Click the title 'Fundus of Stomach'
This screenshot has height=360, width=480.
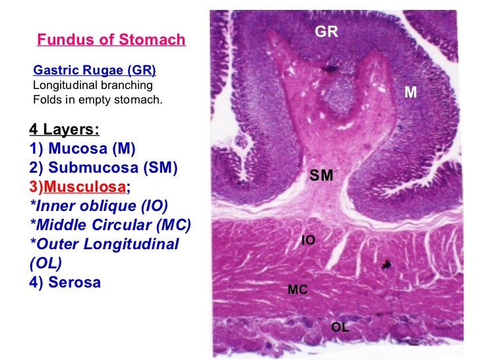click(x=111, y=40)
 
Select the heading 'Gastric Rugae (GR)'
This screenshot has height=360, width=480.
click(x=95, y=71)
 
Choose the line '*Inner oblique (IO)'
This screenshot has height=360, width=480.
click(x=99, y=206)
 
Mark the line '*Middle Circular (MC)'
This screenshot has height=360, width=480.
click(x=111, y=225)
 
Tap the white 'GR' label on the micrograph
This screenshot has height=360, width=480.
click(x=326, y=31)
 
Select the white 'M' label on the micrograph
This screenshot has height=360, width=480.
click(x=411, y=93)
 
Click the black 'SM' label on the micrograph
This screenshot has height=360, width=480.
click(x=321, y=175)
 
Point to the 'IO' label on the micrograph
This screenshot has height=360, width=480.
click(x=308, y=241)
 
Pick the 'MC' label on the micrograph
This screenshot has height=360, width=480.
click(x=298, y=289)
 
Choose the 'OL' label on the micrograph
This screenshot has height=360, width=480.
click(x=340, y=326)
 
